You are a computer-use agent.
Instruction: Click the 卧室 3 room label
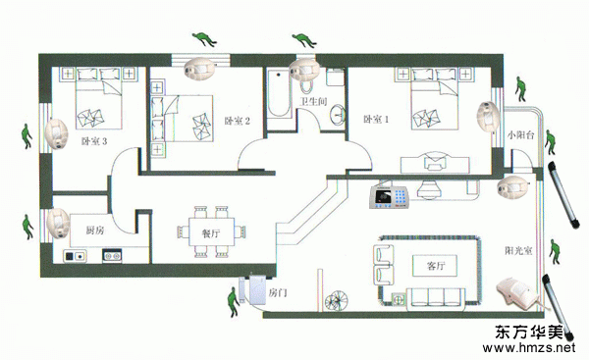pos(94,141)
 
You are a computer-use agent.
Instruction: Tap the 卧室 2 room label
pos(237,121)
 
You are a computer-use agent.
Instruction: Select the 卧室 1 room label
pos(376,120)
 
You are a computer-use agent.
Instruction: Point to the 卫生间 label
pos(314,101)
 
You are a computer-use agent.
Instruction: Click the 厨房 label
pos(95,231)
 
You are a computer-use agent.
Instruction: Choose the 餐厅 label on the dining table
pos(211,233)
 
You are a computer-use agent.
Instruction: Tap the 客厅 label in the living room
pos(435,266)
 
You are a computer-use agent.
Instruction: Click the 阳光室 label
pos(518,250)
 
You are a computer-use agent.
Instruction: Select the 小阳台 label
pos(520,135)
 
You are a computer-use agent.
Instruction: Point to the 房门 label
pos(278,292)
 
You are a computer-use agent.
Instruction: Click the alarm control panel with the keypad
pos(389,197)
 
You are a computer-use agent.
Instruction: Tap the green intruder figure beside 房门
pos(234,302)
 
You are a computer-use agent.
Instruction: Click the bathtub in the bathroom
pos(278,93)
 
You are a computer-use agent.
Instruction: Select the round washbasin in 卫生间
pos(338,114)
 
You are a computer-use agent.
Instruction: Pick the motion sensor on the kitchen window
pos(58,224)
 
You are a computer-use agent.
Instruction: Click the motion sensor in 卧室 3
pos(56,134)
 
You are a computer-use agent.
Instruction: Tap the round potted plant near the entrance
pos(336,301)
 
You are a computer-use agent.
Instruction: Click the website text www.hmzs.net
pos(528,347)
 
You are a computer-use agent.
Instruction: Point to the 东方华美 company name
pos(529,332)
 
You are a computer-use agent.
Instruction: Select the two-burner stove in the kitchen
pos(112,256)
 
